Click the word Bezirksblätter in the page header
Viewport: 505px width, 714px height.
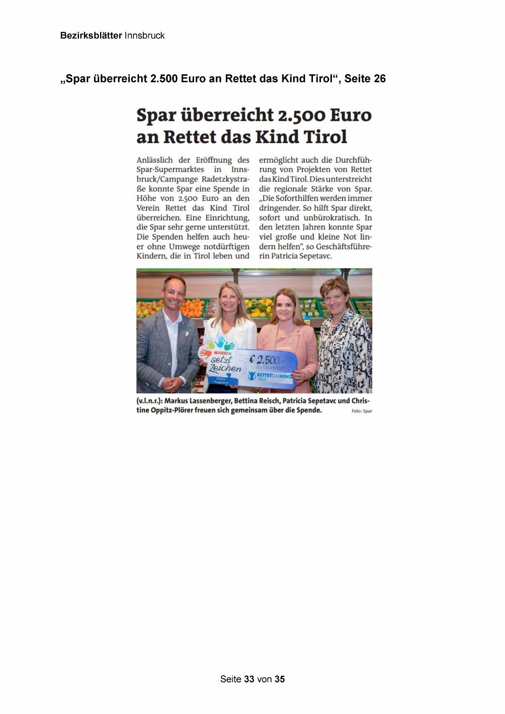click(91, 36)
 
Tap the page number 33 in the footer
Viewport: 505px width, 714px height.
click(249, 679)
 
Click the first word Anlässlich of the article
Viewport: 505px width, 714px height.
click(155, 160)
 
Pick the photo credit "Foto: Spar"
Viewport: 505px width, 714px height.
click(362, 411)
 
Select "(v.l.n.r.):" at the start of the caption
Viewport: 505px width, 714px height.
click(149, 401)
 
